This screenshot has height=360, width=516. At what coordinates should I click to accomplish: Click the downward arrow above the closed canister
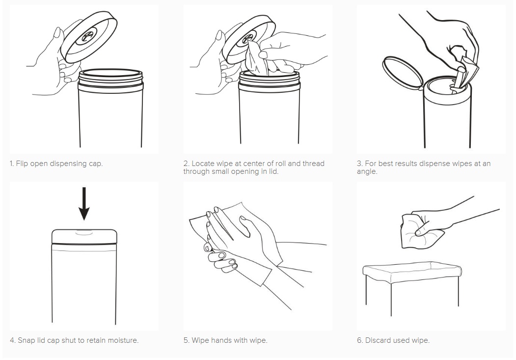click(x=84, y=203)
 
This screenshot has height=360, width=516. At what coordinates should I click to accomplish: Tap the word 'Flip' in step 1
click(x=22, y=164)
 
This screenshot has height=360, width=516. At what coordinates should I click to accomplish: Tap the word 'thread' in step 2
click(x=314, y=164)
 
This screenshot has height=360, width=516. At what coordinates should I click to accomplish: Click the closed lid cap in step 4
click(x=84, y=236)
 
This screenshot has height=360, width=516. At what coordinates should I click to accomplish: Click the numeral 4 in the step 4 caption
click(x=12, y=340)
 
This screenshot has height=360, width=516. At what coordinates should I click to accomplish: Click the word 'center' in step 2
click(x=254, y=164)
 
